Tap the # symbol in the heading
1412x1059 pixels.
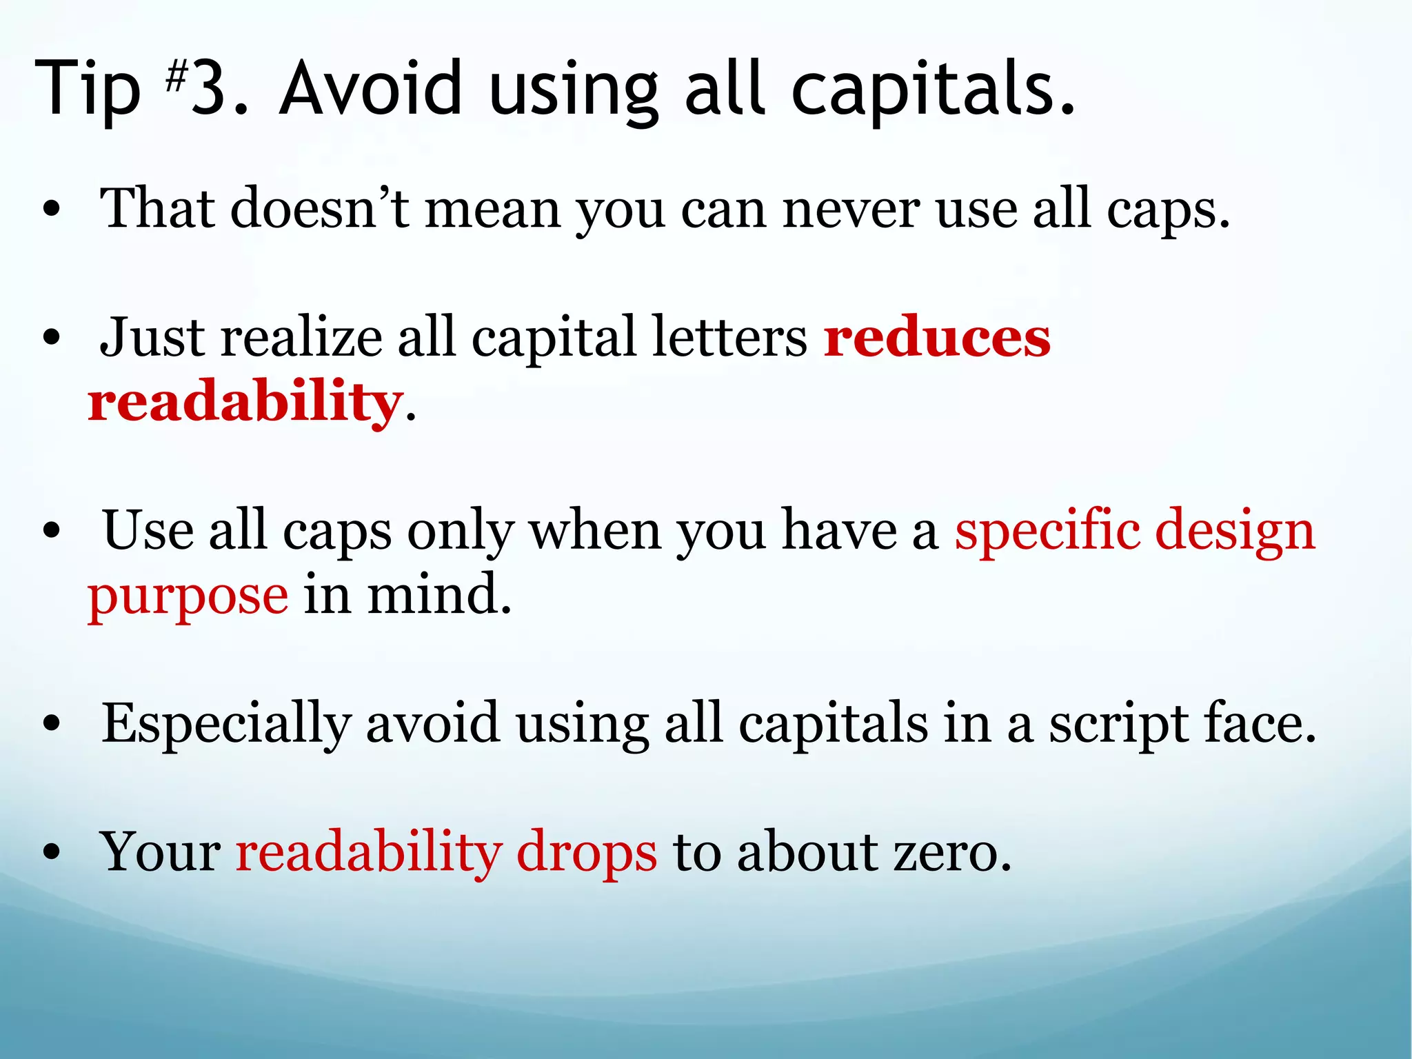[x=176, y=77]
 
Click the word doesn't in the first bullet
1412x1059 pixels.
[x=321, y=208]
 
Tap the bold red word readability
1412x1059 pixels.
[x=245, y=403]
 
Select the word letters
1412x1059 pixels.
[x=729, y=338]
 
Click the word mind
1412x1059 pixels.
[x=439, y=595]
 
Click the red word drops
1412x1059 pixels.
[x=587, y=854]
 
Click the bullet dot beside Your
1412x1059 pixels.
[x=52, y=854]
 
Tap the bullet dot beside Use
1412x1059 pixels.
[x=52, y=532]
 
